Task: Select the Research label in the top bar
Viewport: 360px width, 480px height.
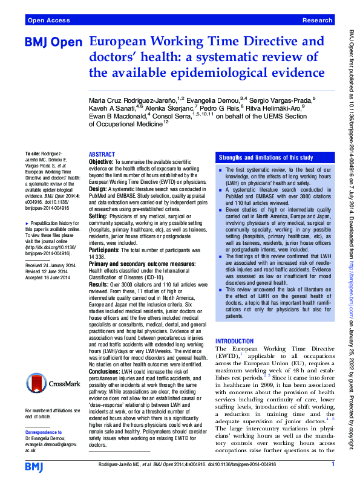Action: pyautogui.click(x=316, y=21)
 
